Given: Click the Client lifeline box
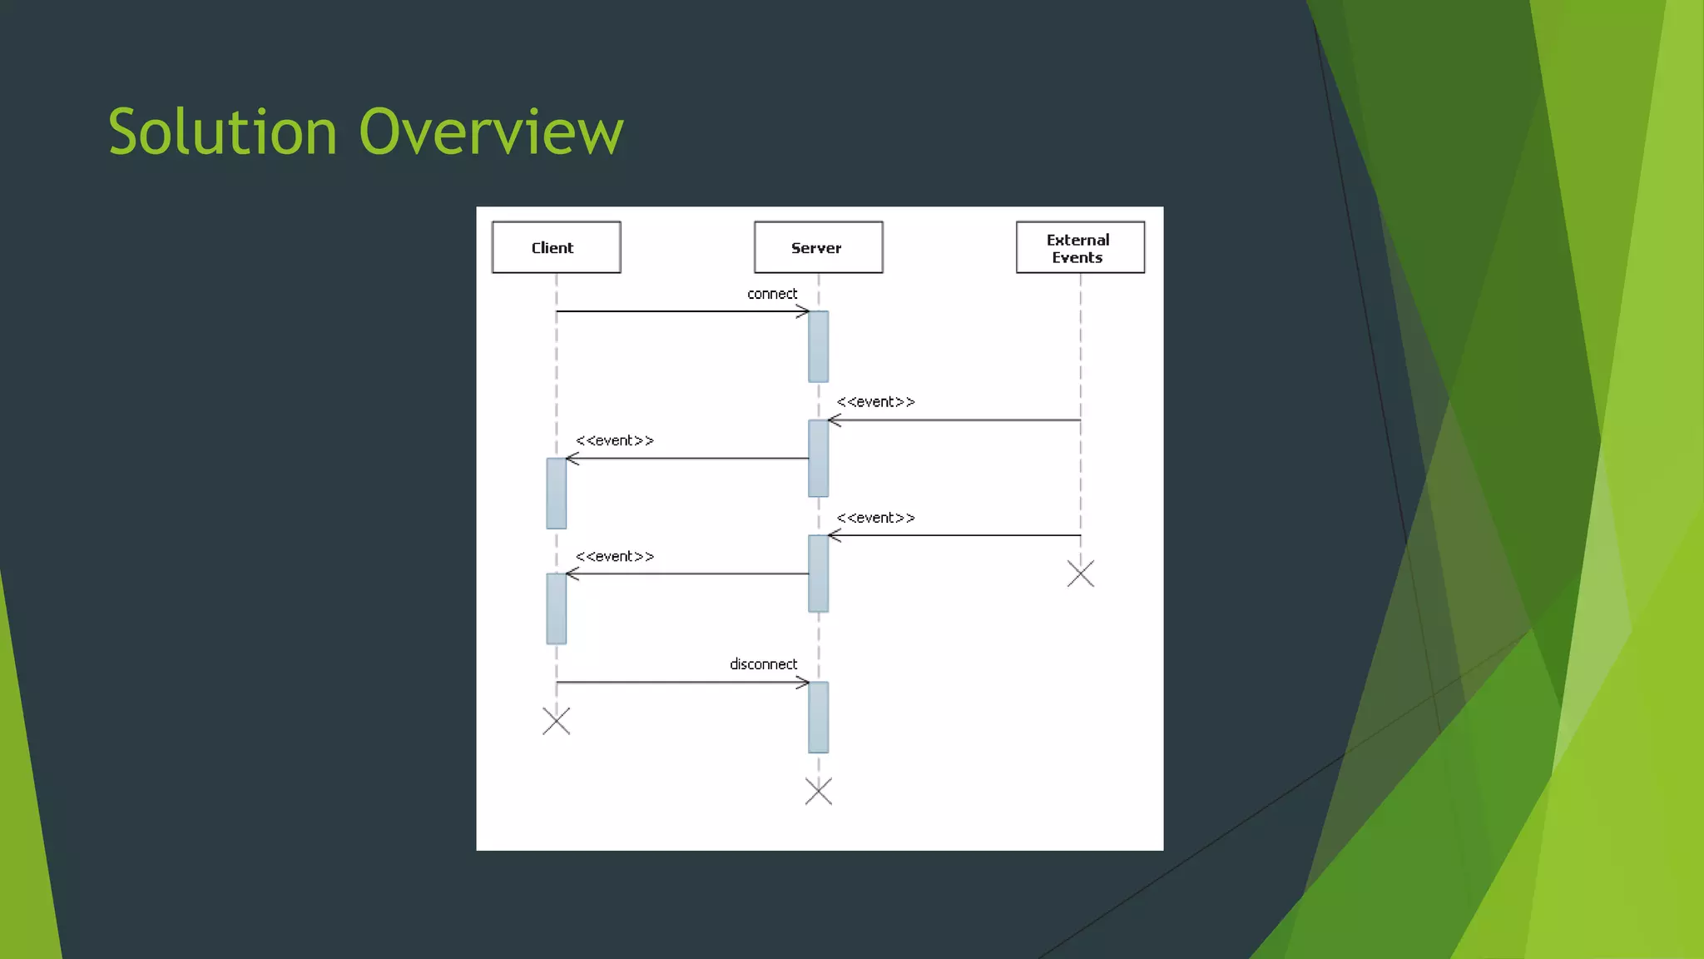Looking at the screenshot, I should (556, 247).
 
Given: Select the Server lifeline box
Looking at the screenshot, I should (818, 247).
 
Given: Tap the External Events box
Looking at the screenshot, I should (1080, 247).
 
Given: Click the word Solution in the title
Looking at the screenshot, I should (222, 132).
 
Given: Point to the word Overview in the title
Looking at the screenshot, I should (491, 132).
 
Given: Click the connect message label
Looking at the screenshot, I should (772, 294).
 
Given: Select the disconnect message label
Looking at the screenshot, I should (763, 664).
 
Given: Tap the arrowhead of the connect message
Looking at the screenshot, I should (804, 311).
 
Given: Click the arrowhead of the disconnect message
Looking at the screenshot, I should (804, 683).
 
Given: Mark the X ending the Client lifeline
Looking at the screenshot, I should (556, 721).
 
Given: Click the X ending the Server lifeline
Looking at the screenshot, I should (819, 791).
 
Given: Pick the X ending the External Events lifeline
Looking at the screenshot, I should (1081, 574).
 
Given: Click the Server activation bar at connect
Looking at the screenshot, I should (818, 346).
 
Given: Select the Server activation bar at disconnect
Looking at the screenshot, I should (818, 717).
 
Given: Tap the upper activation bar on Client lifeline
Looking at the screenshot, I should (556, 493).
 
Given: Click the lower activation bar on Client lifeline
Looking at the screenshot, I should (556, 609).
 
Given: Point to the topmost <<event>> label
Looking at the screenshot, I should (875, 402).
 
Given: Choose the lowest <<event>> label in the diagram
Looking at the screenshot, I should (615, 557).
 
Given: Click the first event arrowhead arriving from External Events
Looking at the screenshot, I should (834, 420).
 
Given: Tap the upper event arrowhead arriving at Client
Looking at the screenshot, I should (572, 459).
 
